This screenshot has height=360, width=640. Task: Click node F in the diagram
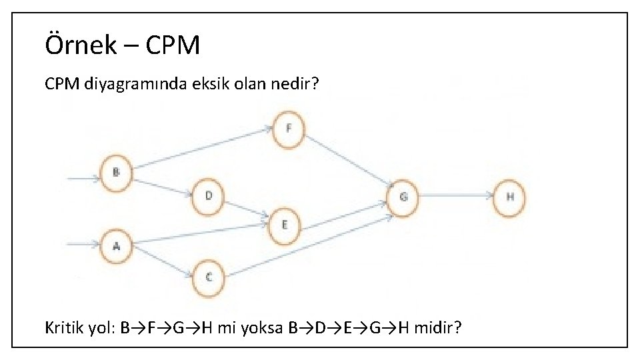pos(288,129)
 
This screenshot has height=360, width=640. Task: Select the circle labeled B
pos(116,173)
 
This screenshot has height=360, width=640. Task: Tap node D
pos(209,197)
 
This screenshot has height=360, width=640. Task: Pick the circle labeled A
pos(116,246)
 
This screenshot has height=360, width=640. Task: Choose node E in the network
pos(285,225)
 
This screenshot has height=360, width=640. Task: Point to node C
pos(209,277)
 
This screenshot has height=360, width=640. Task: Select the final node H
pos(509,197)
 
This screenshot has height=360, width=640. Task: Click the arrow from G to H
pos(457,196)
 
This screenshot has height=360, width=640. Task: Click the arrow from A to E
pos(200,231)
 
